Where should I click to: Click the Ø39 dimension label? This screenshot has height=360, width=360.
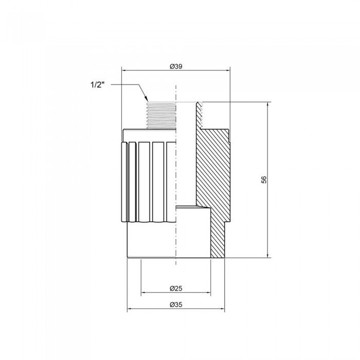[x=175, y=66]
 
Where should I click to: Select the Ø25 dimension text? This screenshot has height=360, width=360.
[x=175, y=288]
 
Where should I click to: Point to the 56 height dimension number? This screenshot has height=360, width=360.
[x=264, y=179]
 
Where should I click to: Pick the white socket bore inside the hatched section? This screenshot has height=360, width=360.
[x=193, y=231]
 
